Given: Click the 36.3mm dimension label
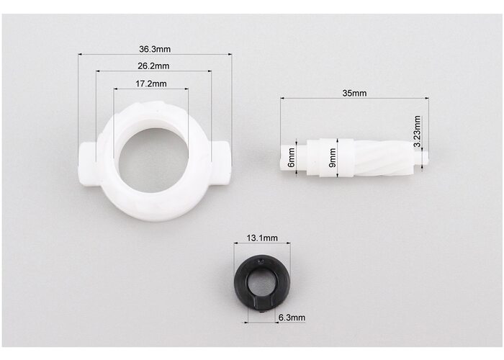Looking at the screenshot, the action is pyautogui.click(x=155, y=49).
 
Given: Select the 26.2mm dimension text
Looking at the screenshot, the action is pyautogui.click(x=153, y=66).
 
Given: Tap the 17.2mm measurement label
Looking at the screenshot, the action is pyautogui.click(x=150, y=84).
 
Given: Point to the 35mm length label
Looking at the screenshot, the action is pyautogui.click(x=354, y=93).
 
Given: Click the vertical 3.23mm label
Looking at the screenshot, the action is pyautogui.click(x=417, y=131).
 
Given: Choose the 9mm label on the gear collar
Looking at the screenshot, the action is pyautogui.click(x=333, y=158).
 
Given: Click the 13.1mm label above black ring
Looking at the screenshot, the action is pyautogui.click(x=262, y=238).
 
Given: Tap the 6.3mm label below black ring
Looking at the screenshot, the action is pyautogui.click(x=292, y=318).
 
